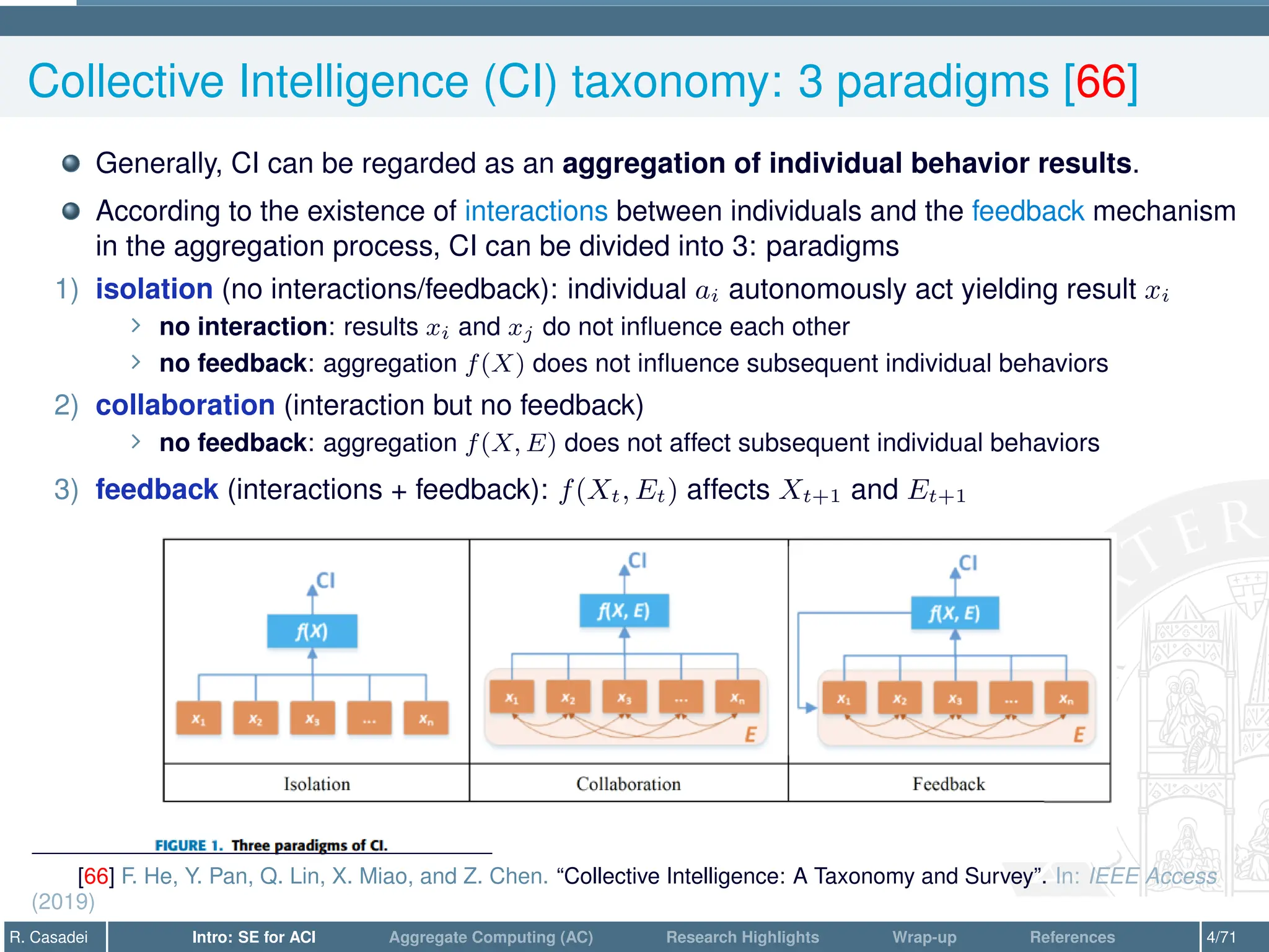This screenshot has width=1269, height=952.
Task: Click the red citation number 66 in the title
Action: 1100,81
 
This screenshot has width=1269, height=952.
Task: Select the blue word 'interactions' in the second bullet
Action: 536,211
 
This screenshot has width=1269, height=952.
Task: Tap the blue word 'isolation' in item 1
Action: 154,289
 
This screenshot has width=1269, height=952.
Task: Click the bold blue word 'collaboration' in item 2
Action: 185,405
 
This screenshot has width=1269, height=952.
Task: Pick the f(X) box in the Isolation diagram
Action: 312,632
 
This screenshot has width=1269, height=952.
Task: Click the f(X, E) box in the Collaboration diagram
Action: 624,611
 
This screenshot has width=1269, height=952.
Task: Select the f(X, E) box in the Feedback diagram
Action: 954,614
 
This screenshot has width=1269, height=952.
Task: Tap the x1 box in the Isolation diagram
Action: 198,719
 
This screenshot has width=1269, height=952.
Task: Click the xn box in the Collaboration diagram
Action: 737,698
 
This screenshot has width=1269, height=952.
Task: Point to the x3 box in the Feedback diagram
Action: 955,699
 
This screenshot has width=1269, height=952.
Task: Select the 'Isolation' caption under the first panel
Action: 317,784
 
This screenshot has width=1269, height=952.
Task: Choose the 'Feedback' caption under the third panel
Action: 948,784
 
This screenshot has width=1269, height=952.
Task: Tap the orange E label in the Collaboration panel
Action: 750,734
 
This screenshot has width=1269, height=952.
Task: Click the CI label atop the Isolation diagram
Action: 325,581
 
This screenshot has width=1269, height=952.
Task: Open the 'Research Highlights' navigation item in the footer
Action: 742,937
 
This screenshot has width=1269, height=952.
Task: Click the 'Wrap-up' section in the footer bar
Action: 924,937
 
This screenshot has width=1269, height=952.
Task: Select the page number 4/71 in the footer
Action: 1221,937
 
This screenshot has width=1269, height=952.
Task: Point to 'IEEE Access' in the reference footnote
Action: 1153,876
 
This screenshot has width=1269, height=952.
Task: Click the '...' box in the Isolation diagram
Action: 369,719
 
